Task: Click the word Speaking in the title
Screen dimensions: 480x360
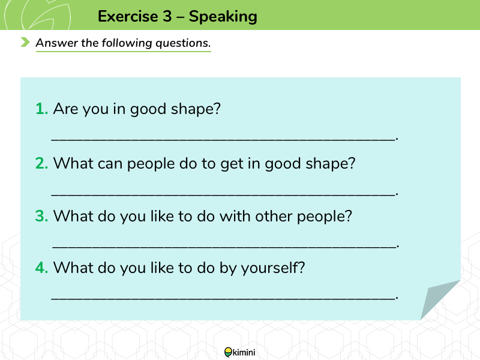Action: [x=223, y=17]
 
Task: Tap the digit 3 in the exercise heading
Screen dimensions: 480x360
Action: [x=167, y=16]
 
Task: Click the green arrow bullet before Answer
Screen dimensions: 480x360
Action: [x=25, y=42]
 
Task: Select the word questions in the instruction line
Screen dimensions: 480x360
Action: [x=183, y=43]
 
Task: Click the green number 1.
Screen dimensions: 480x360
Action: [x=41, y=109]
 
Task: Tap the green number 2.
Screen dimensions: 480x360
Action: [x=41, y=163]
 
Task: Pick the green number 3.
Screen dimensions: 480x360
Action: [x=41, y=216]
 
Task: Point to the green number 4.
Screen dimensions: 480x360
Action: [x=41, y=268]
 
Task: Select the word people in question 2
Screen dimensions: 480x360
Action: [x=151, y=164]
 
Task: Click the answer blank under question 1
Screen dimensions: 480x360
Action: [x=223, y=140]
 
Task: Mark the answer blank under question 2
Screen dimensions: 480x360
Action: [x=223, y=194]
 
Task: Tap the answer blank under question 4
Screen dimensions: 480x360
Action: [x=223, y=298]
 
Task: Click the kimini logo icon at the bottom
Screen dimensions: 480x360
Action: [x=228, y=352]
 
